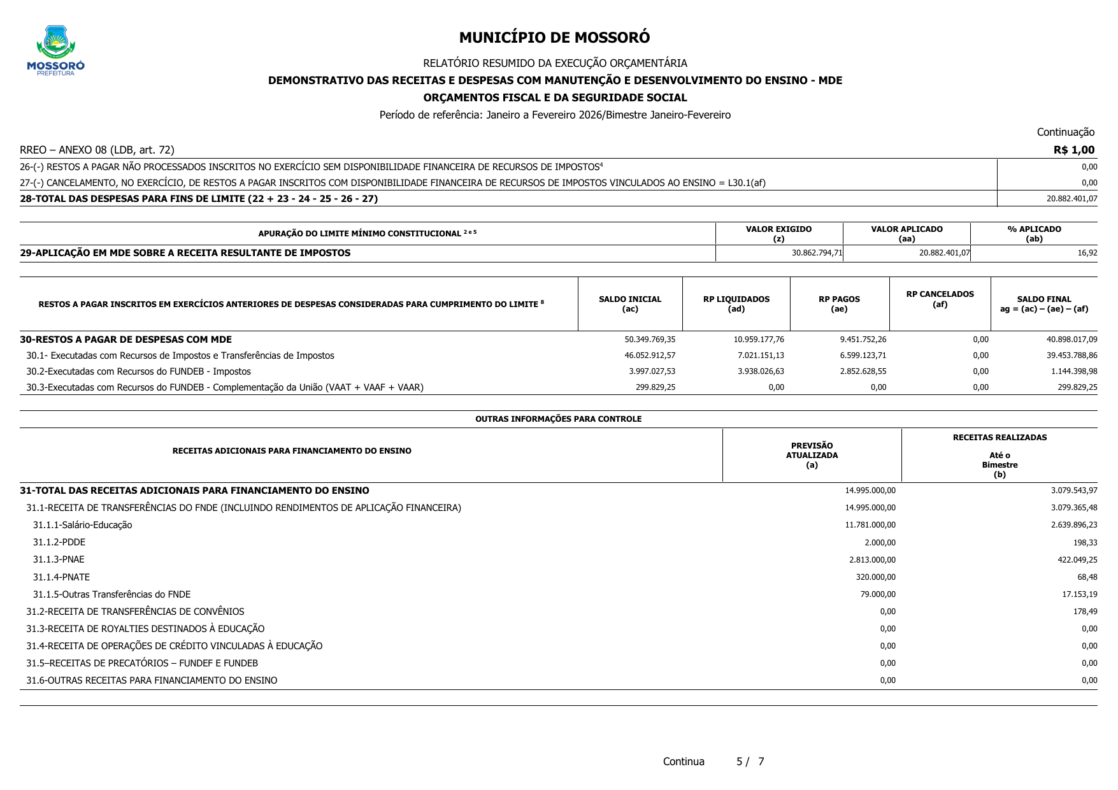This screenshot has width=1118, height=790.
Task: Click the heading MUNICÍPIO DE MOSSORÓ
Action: (554, 38)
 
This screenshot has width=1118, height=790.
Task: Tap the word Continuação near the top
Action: (1065, 132)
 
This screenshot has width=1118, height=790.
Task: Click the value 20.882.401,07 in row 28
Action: (1071, 199)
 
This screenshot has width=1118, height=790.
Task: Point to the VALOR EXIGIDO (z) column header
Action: (778, 234)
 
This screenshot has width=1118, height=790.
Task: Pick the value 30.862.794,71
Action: (817, 253)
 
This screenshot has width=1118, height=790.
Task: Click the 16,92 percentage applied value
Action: (1087, 253)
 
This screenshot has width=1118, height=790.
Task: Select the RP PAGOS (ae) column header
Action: (839, 304)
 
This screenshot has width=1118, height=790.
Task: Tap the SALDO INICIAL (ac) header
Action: (629, 304)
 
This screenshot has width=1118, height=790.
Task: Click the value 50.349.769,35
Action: (649, 340)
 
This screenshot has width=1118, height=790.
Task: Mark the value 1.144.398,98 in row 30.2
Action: (1074, 371)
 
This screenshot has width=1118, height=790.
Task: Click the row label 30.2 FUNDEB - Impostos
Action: (138, 371)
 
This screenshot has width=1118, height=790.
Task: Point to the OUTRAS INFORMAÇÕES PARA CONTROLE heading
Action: (558, 419)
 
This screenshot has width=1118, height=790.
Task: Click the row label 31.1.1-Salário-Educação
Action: (82, 525)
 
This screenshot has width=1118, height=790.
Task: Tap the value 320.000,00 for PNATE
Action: (875, 577)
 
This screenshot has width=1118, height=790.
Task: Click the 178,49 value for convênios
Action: (1085, 612)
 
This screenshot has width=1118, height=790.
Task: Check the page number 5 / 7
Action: (750, 761)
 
